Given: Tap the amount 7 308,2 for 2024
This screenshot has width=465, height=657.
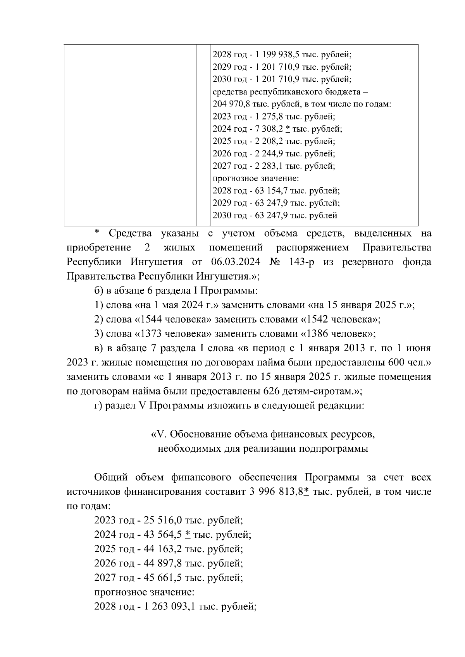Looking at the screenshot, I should click(268, 129).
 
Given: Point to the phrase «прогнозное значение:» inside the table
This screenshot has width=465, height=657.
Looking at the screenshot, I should click(256, 178).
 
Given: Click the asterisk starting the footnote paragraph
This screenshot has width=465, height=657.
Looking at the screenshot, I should click(97, 233).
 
